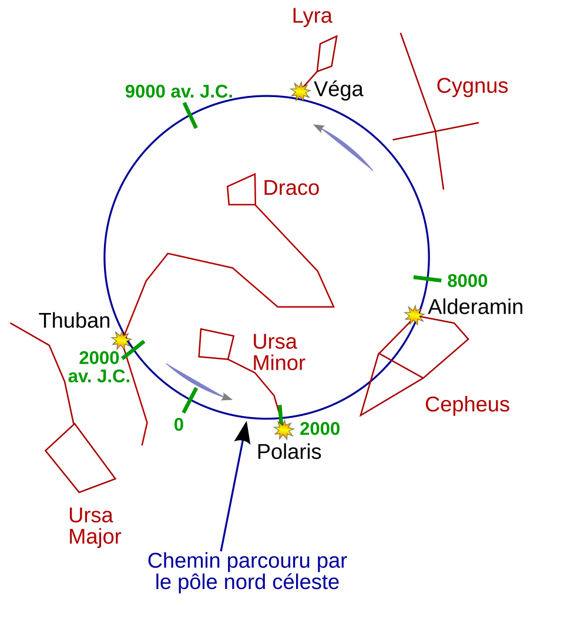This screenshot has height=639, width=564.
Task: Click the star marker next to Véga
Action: [x=300, y=91]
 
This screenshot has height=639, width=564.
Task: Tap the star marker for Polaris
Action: [x=284, y=430]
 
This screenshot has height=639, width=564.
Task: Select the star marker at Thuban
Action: [x=121, y=340]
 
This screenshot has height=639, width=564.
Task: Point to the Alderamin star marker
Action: [x=414, y=315]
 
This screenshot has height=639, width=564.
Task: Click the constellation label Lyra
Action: [x=312, y=16]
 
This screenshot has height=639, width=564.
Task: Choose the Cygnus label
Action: [x=472, y=86]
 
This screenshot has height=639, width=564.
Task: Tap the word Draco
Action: [x=291, y=188]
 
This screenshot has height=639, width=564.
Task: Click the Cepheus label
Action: [x=467, y=405]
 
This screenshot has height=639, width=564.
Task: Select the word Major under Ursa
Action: [x=95, y=537]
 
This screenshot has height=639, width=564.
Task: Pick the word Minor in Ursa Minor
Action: [x=278, y=363]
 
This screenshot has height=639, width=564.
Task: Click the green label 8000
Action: [x=467, y=281]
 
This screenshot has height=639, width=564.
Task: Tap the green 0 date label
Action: [x=179, y=425]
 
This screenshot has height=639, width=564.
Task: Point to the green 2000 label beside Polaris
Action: [x=320, y=429]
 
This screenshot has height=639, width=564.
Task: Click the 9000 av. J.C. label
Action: [x=179, y=92]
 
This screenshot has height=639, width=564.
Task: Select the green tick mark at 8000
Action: [x=427, y=279]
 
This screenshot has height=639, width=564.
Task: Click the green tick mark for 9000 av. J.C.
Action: [x=190, y=115]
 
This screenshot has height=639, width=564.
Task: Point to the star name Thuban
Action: [x=75, y=321]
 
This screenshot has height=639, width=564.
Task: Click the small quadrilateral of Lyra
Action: [x=327, y=54]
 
